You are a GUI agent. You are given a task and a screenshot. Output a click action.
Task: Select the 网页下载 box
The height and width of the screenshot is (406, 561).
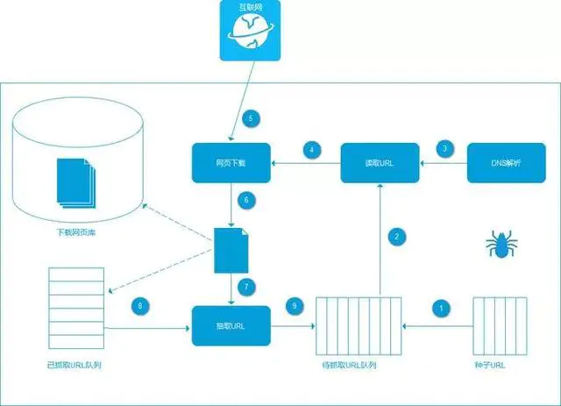(x=231, y=163)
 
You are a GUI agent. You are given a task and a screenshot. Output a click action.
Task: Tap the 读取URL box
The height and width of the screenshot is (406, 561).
(x=380, y=163)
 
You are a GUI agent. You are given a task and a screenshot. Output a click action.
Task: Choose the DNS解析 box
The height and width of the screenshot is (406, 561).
(x=507, y=163)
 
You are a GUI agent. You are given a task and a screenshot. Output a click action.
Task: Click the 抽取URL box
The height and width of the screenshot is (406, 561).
(x=231, y=325)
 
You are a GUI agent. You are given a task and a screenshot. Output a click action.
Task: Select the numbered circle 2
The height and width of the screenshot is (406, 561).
(x=397, y=235)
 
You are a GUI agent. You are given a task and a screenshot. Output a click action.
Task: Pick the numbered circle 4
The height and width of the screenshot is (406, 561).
(x=312, y=149)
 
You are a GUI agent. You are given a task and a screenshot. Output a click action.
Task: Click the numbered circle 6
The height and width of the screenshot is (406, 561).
(x=247, y=200)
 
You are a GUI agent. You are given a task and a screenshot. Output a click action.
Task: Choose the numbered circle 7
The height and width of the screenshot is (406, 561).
(x=247, y=287)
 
